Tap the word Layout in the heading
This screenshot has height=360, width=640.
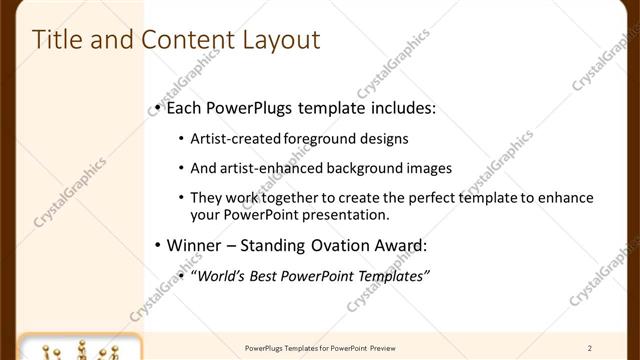280,40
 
